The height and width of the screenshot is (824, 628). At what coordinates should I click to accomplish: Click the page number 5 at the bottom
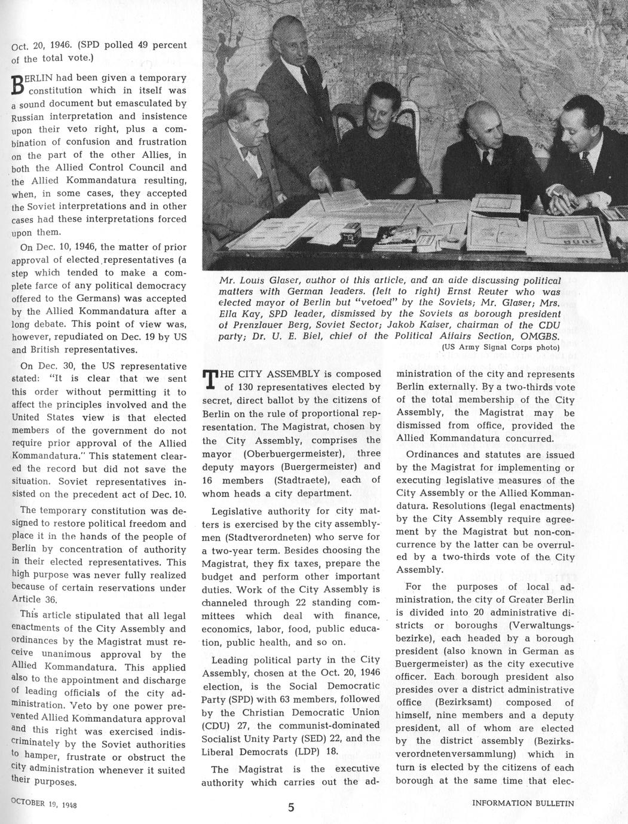[x=291, y=807]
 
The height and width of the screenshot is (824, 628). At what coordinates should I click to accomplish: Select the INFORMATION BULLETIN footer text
[x=523, y=803]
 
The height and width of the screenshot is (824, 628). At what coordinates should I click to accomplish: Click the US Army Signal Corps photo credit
[x=500, y=346]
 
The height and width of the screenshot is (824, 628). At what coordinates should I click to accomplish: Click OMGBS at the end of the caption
[x=540, y=335]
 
